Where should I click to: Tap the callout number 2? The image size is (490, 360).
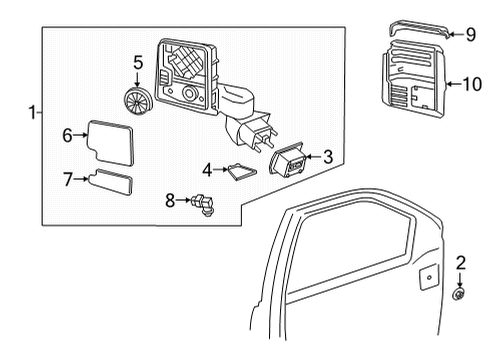click(x=461, y=263)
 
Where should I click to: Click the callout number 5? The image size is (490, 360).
click(x=138, y=62)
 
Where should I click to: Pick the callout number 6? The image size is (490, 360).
click(x=67, y=133)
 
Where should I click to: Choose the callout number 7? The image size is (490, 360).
click(x=68, y=180)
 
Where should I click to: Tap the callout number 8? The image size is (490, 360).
click(x=170, y=200)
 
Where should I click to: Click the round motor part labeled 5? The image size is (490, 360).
click(x=137, y=98)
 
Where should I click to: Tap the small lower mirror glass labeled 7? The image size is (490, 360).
click(x=110, y=183)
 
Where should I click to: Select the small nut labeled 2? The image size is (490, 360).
click(x=461, y=294)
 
